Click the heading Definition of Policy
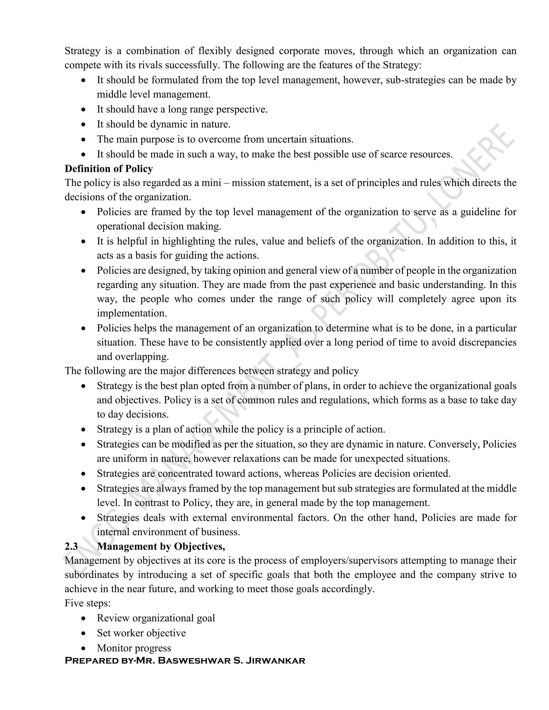pyautogui.click(x=109, y=169)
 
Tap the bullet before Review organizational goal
pyautogui.click(x=84, y=618)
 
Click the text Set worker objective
pyautogui.click(x=141, y=633)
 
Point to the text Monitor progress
pyautogui.click(x=134, y=648)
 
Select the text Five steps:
pyautogui.click(x=87, y=603)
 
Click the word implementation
pyautogui.click(x=132, y=313)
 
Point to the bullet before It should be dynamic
pyautogui.click(x=84, y=125)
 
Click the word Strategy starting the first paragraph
pyautogui.click(x=82, y=51)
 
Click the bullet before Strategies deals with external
pyautogui.click(x=84, y=518)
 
